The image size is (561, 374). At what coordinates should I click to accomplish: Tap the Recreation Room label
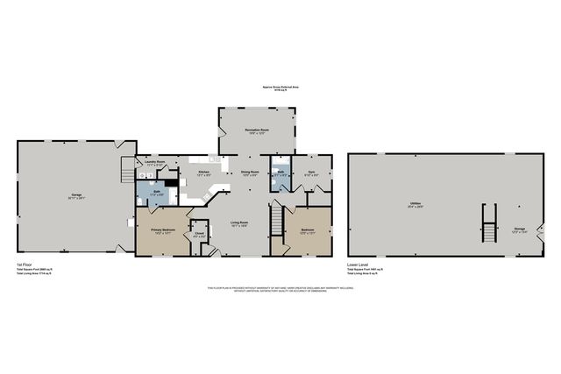(256, 130)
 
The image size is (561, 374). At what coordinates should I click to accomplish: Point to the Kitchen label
(203, 173)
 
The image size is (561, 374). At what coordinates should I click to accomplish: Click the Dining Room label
(249, 173)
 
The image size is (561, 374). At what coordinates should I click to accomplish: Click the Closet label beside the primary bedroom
(199, 235)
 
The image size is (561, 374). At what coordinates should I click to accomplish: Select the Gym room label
(309, 173)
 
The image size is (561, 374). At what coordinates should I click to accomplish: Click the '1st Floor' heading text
(25, 264)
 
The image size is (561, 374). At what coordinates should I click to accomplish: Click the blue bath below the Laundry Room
(155, 194)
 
